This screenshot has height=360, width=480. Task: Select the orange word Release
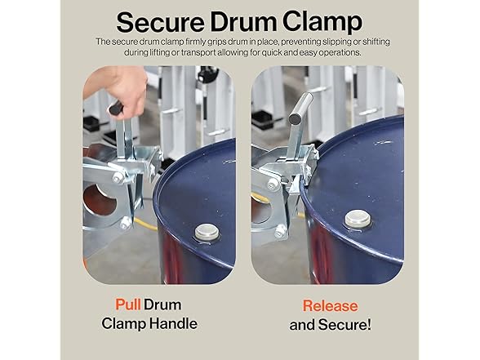[x=330, y=306]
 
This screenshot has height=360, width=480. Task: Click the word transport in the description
[x=207, y=53]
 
